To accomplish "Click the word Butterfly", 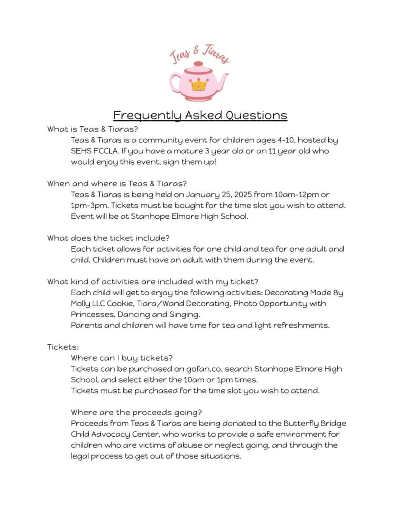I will tap(302, 423).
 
